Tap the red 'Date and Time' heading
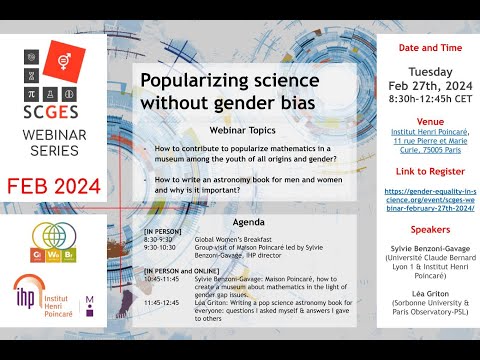click(422, 48)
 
